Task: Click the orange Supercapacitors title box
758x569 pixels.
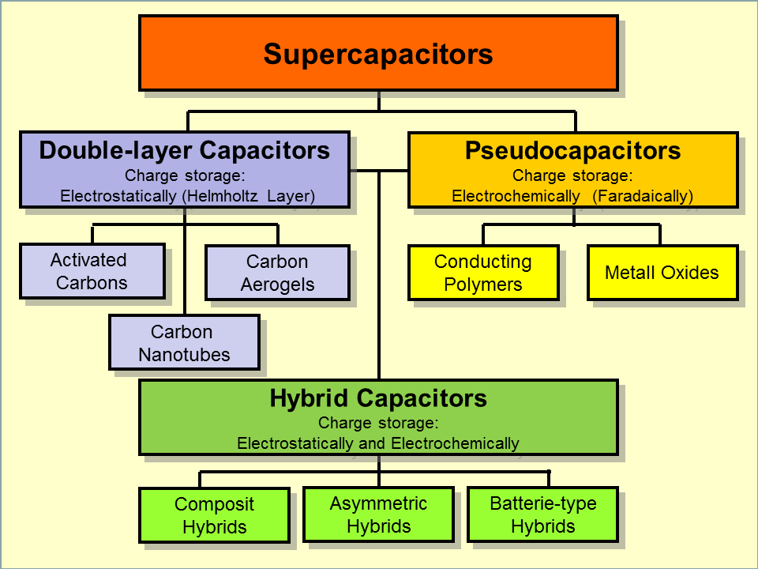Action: (378, 53)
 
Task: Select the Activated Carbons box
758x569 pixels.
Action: (92, 271)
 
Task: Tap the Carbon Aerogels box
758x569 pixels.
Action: (277, 273)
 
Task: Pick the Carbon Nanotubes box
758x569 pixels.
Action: (184, 343)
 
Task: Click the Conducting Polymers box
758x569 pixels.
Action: (483, 273)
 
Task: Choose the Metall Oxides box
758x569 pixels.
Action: (662, 273)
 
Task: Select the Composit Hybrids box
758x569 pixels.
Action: (214, 515)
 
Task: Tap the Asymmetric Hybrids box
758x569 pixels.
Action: (378, 514)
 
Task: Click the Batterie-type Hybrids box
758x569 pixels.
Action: (542, 514)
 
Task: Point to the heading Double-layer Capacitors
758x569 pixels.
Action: (184, 150)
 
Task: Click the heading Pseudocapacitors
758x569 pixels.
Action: (572, 150)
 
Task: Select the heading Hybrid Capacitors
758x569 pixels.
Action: (378, 398)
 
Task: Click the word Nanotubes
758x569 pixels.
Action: (184, 355)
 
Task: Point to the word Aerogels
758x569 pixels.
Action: (277, 284)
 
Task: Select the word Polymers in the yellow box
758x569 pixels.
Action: (483, 284)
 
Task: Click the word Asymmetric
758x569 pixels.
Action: (378, 503)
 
